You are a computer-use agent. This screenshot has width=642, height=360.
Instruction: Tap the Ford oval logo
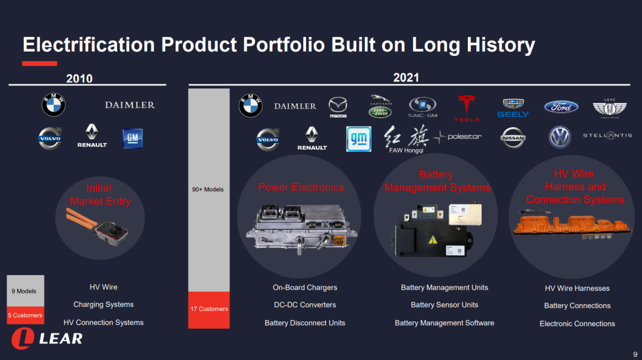561,107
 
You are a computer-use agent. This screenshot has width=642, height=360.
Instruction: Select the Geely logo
513,108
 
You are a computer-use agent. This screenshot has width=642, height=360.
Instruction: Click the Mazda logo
338,108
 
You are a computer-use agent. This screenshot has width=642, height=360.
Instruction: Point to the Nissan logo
513,138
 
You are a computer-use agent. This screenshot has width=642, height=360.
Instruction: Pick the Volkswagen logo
560,137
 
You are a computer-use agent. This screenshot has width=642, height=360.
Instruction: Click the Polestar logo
457,137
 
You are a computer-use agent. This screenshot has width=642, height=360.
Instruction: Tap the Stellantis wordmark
608,135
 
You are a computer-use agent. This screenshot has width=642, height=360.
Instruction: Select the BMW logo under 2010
53,105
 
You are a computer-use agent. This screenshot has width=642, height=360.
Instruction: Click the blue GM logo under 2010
133,138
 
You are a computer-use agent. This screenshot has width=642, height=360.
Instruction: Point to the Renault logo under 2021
312,138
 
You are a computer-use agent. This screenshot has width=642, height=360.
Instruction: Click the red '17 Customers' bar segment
209,310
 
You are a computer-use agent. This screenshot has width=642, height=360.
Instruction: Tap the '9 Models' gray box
26,291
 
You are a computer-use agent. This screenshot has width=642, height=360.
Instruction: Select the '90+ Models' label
208,190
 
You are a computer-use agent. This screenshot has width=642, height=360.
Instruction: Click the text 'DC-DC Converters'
305,305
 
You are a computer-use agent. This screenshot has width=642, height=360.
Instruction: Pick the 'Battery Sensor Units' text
445,305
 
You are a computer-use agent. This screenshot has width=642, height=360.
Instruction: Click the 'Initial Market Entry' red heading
100,195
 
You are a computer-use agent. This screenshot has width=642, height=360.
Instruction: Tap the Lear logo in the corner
47,339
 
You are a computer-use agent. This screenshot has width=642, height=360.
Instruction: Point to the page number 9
635,354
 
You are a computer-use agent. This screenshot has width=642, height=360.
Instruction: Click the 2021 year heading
406,78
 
